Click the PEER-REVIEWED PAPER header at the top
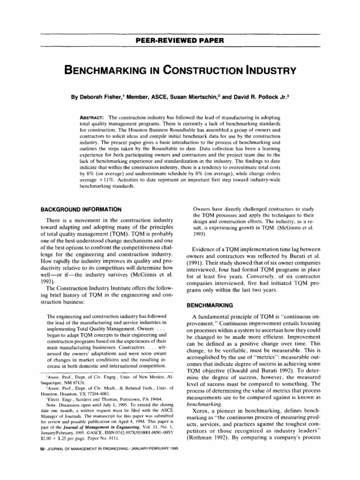180,40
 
